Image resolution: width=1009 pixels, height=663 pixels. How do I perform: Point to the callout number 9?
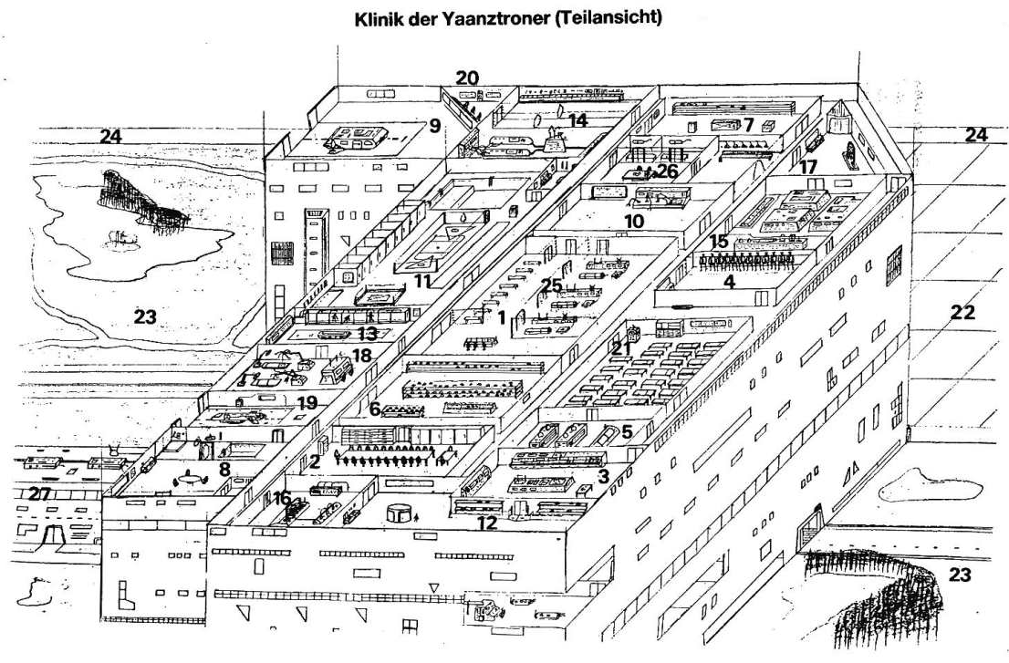(434, 126)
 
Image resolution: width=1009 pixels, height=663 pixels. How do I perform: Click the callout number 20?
(467, 78)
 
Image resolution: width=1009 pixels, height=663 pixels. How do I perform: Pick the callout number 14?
(577, 119)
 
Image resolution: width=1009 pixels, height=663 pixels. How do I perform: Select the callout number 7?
(748, 124)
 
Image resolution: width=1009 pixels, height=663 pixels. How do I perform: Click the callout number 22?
(962, 313)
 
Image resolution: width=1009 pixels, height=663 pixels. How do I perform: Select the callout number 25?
(550, 285)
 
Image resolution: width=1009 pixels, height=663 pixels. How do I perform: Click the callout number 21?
(621, 347)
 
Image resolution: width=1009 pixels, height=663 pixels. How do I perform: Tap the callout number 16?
(282, 498)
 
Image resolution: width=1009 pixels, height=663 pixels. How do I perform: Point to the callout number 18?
(362, 355)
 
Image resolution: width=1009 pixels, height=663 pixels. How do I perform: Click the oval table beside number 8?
(189, 476)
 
